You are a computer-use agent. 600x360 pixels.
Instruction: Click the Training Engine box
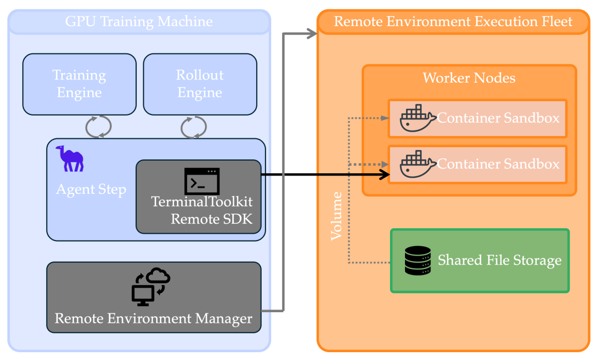point(79,84)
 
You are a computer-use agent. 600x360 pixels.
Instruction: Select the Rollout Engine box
point(200,84)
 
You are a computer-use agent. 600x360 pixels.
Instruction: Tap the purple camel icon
point(70,159)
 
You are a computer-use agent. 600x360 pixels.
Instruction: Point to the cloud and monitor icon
point(151,287)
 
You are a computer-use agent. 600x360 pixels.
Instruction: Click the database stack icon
point(418,261)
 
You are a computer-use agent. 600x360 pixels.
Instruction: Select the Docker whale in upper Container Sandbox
point(417,118)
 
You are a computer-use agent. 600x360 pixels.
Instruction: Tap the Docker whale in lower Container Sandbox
point(417,164)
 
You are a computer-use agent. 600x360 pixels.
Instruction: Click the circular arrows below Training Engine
point(98,127)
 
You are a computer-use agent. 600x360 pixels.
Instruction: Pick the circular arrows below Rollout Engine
point(194,127)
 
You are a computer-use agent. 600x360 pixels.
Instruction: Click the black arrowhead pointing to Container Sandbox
point(384,174)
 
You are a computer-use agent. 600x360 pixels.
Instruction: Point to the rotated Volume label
point(337,216)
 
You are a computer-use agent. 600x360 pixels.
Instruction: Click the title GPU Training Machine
point(139,22)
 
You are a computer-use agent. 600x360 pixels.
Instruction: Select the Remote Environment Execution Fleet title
point(453,22)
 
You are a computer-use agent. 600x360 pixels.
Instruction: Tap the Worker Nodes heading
point(469,78)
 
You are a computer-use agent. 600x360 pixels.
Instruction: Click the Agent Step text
point(91,189)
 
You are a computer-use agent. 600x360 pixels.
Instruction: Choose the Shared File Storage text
point(499,261)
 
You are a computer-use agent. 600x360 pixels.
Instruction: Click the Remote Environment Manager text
point(153,319)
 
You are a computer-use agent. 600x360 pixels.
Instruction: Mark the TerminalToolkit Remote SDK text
point(202,210)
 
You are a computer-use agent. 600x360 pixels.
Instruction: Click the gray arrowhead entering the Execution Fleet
point(312,33)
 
